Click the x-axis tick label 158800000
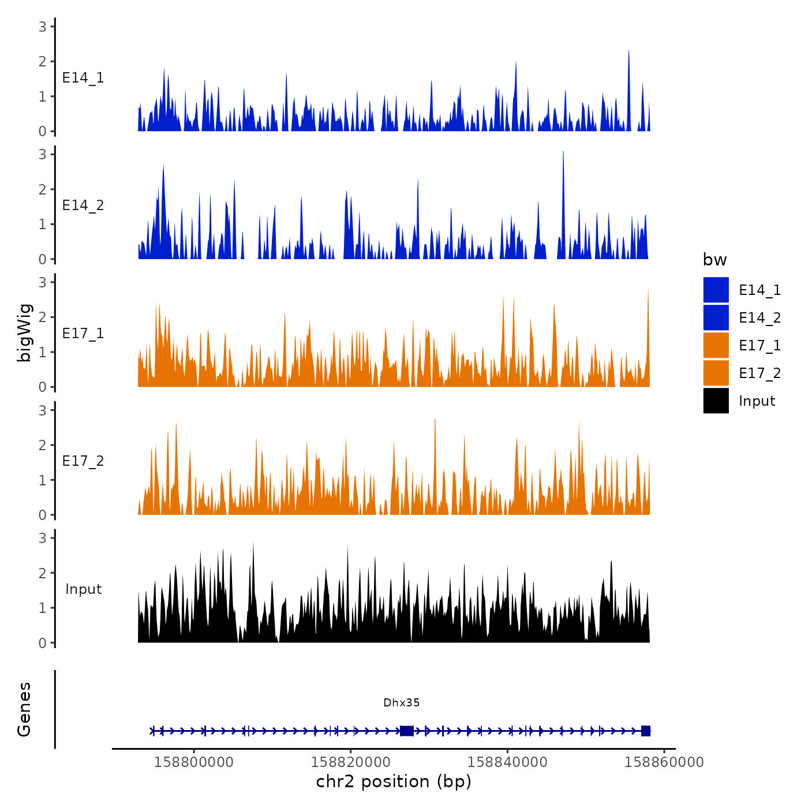(194, 762)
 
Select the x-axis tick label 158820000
(351, 762)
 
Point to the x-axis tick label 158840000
(507, 762)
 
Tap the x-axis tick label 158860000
(664, 762)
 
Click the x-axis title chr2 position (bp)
(394, 782)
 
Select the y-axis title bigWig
(25, 333)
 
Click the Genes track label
(24, 709)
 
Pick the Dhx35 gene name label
(402, 703)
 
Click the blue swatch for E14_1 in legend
(716, 290)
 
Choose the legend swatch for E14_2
(716, 317)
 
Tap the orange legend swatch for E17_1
(716, 345)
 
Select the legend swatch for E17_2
(716, 373)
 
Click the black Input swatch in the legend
(716, 401)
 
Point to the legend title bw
(715, 260)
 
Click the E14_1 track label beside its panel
(83, 78)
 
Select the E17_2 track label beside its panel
(83, 461)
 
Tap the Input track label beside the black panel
(83, 589)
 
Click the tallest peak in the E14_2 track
(563, 152)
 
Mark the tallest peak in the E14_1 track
(629, 51)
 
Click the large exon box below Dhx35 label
(407, 731)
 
